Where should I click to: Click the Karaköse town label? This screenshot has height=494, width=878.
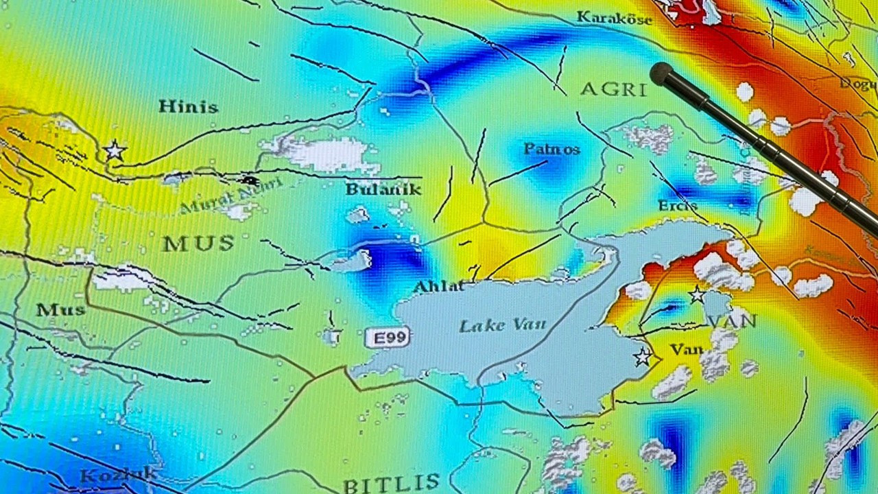tap(614, 19)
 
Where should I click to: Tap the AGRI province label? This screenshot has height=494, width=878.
tap(613, 89)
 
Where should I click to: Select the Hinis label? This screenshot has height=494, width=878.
tap(188, 107)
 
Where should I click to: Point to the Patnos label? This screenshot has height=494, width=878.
tap(551, 149)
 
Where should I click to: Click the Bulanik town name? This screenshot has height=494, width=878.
tap(383, 189)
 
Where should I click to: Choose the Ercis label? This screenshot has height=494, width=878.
tap(677, 206)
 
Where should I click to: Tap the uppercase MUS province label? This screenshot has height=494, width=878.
tap(198, 243)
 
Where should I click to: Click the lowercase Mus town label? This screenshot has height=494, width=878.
tap(60, 310)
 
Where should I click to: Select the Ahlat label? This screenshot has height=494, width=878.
tap(439, 286)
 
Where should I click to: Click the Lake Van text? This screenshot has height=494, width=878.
tap(502, 325)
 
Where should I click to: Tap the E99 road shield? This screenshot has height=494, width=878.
tap(388, 337)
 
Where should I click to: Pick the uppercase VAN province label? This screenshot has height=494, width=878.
tap(731, 321)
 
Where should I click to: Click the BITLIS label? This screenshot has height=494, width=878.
tap(391, 484)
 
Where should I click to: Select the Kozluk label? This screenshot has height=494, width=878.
tap(118, 475)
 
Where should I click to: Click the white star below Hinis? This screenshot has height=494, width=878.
tap(115, 150)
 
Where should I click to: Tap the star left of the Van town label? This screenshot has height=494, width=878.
tap(643, 357)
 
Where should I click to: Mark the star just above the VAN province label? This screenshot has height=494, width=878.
tap(697, 295)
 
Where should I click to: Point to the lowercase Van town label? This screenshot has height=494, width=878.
tap(687, 350)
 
